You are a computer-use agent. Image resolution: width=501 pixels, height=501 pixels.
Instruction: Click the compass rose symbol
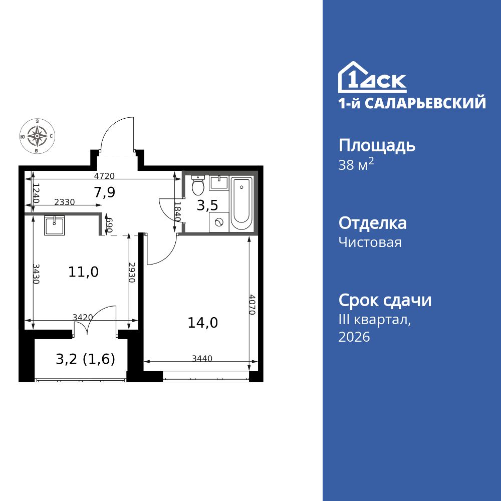37,135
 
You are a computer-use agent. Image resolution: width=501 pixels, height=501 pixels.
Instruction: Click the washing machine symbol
218,221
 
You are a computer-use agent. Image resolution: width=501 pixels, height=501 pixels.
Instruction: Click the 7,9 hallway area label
105,192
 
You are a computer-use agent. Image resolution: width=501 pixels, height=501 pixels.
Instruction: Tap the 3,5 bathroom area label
206,205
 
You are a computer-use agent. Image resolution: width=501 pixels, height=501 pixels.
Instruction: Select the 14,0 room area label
202,323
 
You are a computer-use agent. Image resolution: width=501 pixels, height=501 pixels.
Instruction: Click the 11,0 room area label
83,272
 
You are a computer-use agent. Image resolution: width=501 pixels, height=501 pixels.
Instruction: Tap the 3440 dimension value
202,358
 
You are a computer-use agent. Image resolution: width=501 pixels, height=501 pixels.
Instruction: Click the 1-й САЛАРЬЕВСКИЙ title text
412,103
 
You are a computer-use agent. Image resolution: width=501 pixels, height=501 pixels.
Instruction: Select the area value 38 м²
356,165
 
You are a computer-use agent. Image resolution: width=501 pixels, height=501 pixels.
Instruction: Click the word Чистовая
370,243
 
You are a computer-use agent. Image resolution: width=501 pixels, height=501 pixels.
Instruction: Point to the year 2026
354,337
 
